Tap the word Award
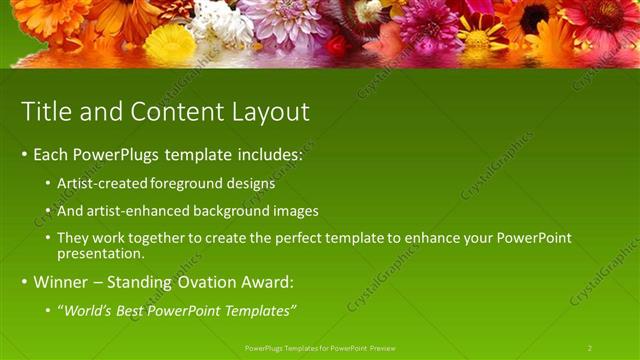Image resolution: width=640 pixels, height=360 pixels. click(265, 282)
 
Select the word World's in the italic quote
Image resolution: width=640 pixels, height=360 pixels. click(91, 310)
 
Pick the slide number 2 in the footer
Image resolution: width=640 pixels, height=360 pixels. click(590, 348)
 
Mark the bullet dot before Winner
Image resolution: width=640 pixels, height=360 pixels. click(25, 283)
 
